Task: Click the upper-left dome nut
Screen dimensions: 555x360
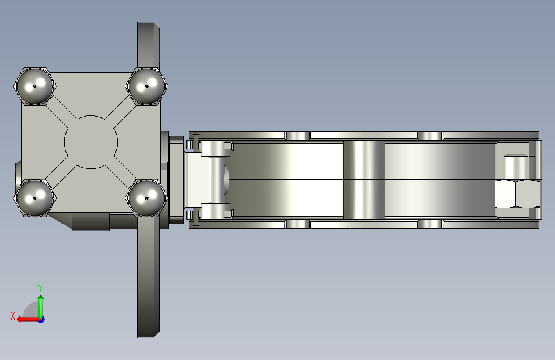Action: tap(35, 86)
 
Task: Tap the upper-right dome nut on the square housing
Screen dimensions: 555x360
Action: tap(147, 86)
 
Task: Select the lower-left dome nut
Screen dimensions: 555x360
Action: tap(35, 198)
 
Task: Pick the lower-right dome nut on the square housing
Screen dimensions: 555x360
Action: tap(147, 198)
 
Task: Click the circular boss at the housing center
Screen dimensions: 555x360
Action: tap(91, 142)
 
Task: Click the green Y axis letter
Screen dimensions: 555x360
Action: tap(40, 288)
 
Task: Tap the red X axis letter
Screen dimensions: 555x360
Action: tap(13, 316)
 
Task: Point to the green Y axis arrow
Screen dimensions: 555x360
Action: tap(41, 307)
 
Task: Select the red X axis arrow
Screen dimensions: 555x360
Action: tap(28, 320)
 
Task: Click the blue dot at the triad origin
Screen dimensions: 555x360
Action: tap(42, 320)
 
